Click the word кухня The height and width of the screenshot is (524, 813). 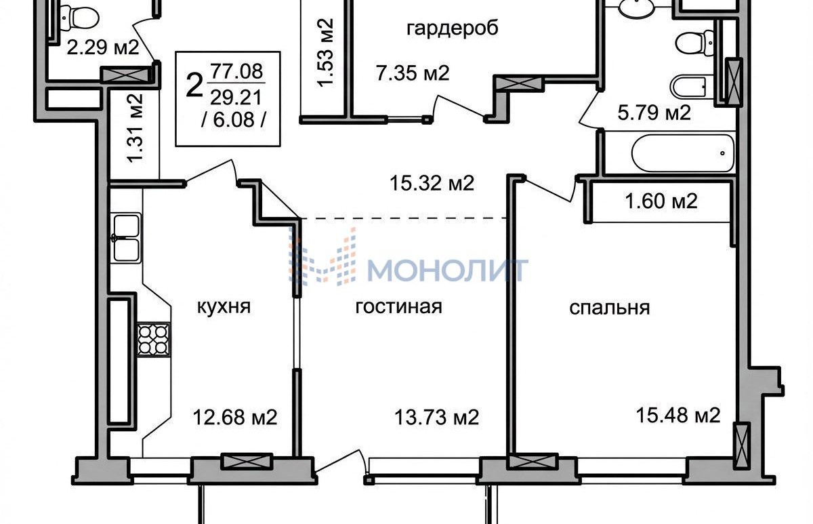coord(224,307)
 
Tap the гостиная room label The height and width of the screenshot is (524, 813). coord(398,306)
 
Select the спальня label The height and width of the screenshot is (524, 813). coord(609,308)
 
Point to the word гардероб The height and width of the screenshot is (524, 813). coord(453,28)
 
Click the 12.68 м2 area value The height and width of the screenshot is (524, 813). coord(235,418)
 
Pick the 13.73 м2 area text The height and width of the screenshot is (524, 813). coord(436,418)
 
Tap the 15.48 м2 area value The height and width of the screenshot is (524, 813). coord(678,415)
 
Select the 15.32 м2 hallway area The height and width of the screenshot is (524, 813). coord(432,184)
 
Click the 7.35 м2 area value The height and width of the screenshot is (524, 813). coord(413,73)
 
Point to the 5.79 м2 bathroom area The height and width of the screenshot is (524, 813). coord(654,113)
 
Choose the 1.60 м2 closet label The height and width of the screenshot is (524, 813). coord(661,201)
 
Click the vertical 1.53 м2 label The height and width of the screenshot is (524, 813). coord(325,53)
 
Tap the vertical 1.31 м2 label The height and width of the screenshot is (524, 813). coord(135,128)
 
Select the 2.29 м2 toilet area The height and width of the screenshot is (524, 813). coord(103,47)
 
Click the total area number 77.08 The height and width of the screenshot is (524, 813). coord(236,71)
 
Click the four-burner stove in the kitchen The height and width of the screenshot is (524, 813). coord(153,339)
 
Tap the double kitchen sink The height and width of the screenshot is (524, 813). coord(127,238)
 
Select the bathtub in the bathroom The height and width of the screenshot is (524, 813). coord(683,153)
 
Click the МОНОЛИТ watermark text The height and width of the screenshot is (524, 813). coord(447,270)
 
